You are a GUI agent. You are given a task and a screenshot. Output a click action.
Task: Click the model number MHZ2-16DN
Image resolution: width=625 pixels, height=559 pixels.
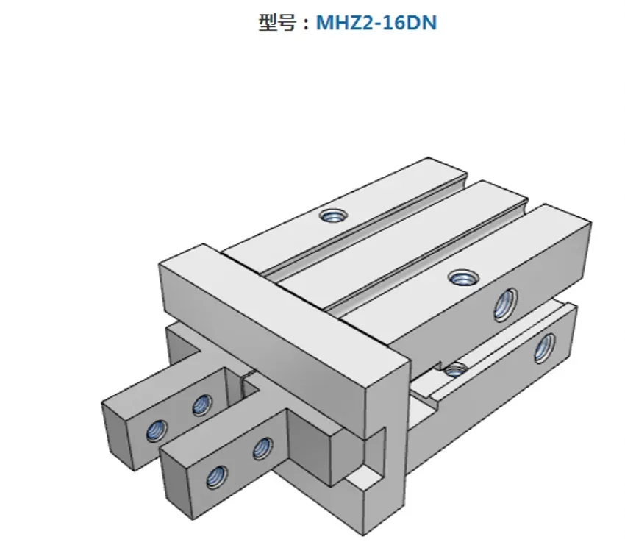pos(376,23)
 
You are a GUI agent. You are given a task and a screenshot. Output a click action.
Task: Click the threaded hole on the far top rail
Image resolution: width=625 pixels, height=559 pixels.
pos(334,216)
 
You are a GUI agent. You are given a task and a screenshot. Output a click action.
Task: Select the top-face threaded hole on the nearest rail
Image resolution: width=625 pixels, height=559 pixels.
pos(463,277)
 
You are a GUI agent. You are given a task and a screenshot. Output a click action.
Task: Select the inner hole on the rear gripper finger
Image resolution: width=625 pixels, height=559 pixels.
pos(201,404)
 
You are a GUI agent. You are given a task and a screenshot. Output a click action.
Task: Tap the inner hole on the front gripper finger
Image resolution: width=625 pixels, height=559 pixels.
pos(262,448)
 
